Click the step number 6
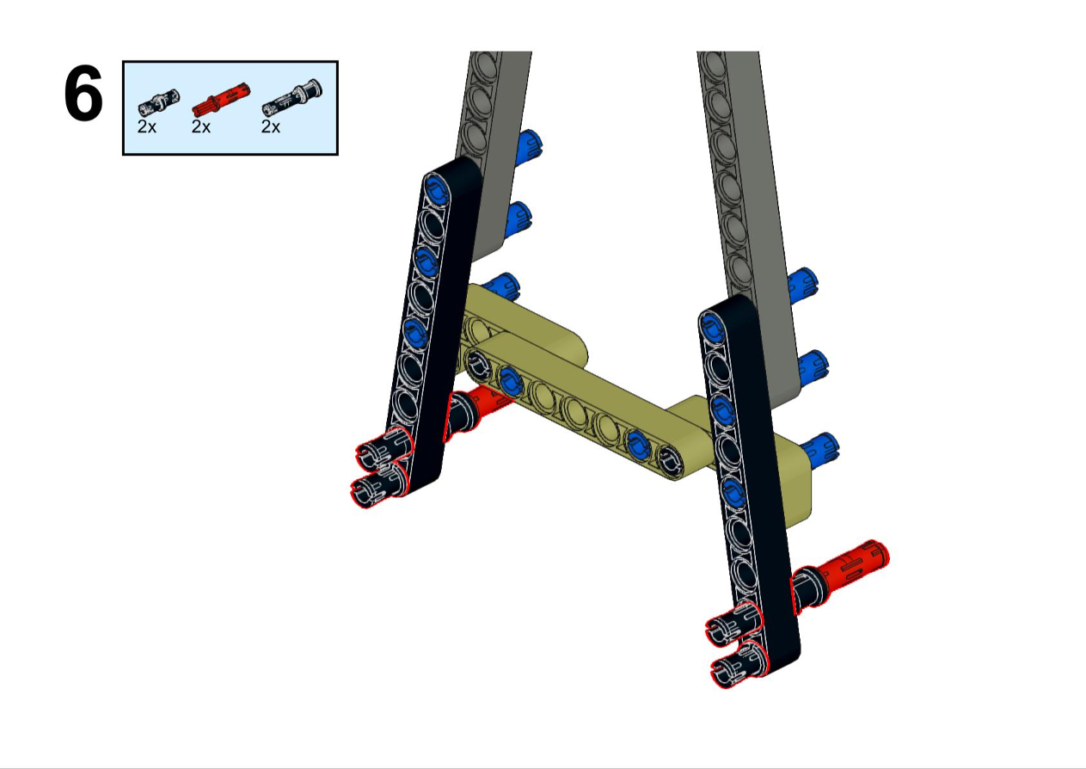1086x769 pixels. click(x=83, y=94)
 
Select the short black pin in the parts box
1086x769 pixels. click(x=158, y=103)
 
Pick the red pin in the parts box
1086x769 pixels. click(x=221, y=100)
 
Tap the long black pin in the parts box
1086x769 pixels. click(x=291, y=97)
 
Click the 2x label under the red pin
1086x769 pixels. click(x=200, y=127)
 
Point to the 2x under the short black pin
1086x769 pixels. click(x=147, y=127)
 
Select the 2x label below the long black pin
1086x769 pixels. click(x=271, y=127)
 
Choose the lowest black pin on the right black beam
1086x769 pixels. click(x=736, y=664)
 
